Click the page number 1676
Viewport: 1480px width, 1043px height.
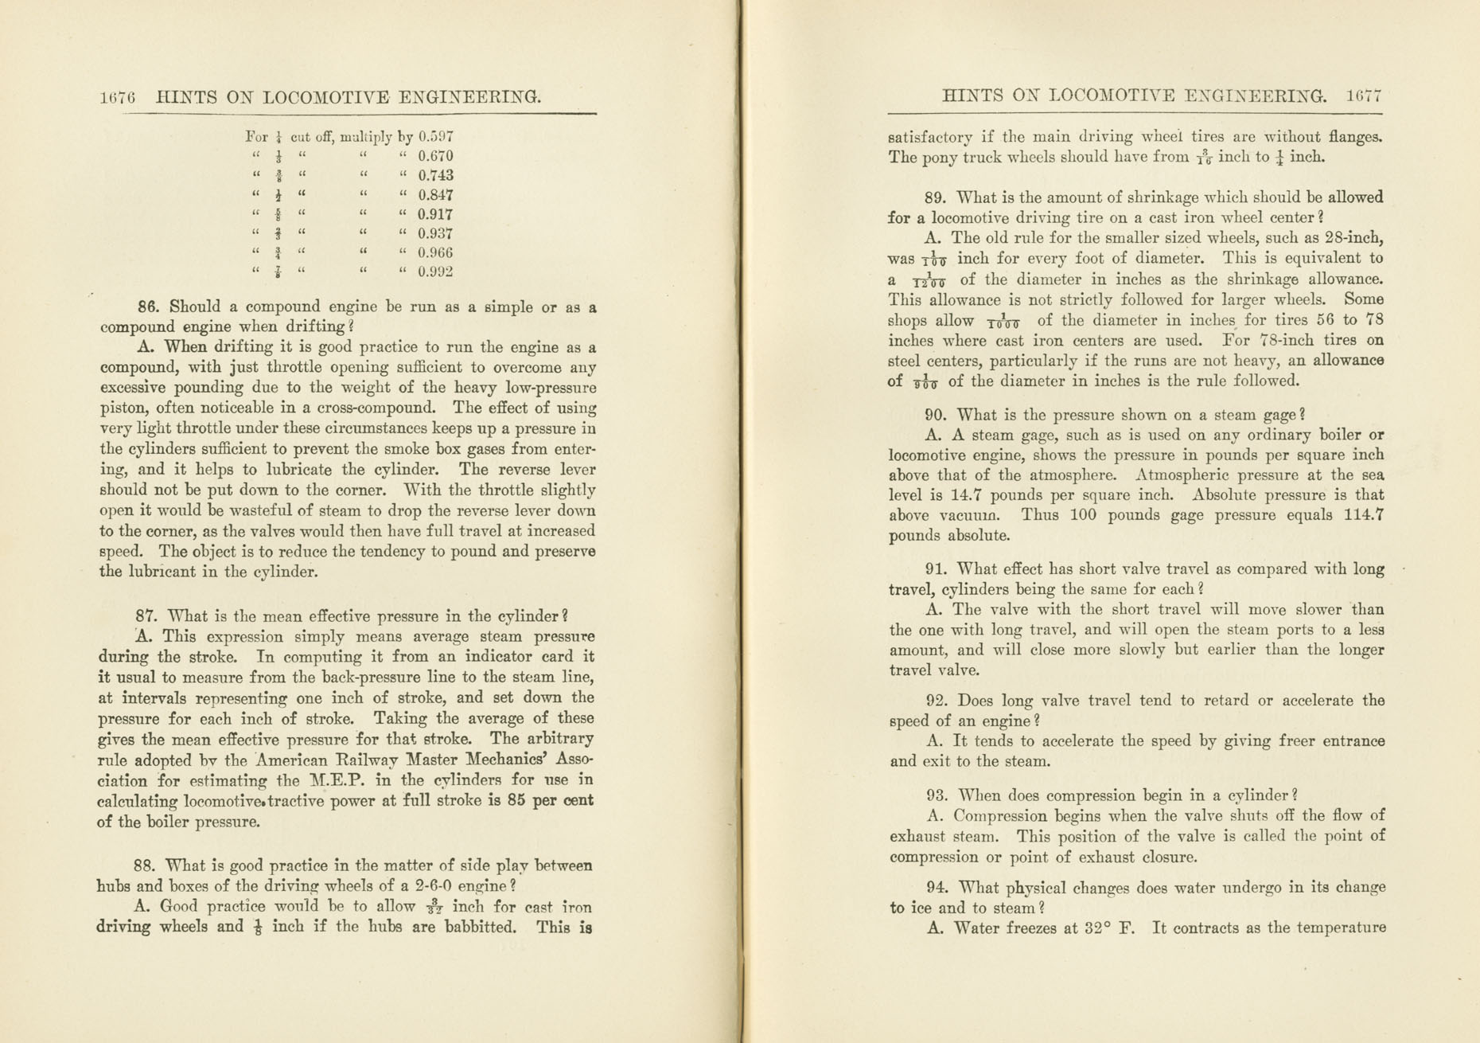point(118,98)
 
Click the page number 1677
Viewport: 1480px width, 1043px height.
point(1365,97)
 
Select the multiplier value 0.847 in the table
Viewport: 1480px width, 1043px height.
point(435,195)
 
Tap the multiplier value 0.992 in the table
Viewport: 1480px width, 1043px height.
point(435,272)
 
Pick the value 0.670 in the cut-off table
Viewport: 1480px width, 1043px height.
point(435,157)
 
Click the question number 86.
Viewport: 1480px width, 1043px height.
point(150,307)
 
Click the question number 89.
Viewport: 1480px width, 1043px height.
point(937,197)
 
